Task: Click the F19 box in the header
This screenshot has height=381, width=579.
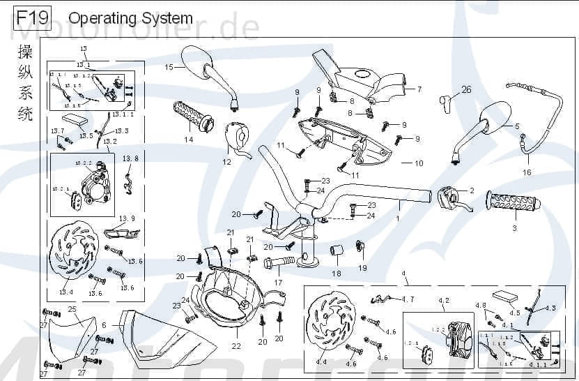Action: tap(31, 17)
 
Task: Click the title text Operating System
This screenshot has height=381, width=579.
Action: tap(131, 18)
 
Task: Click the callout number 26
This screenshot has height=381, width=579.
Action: tap(466, 89)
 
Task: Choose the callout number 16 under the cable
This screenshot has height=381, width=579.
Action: tap(527, 172)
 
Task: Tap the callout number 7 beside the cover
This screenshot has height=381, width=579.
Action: tap(420, 89)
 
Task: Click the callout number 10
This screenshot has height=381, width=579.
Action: tap(419, 164)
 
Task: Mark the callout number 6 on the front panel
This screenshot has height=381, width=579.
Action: tap(104, 325)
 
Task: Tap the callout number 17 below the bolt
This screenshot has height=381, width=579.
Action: tap(278, 283)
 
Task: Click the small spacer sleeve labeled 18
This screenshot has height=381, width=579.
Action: tap(335, 251)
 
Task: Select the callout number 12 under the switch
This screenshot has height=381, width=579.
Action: tap(226, 162)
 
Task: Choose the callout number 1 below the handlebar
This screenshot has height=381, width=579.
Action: tap(398, 218)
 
